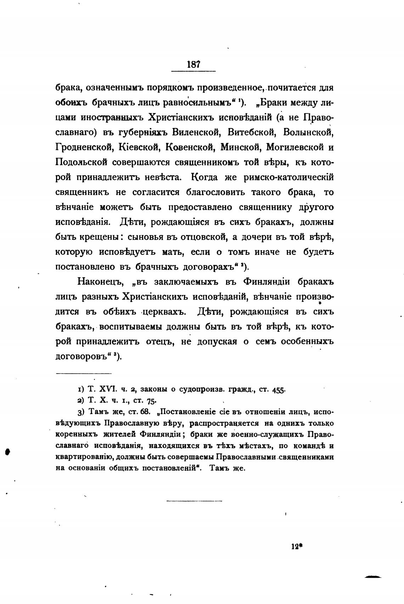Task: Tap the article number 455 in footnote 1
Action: point(279,389)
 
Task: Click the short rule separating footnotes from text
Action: point(84,373)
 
